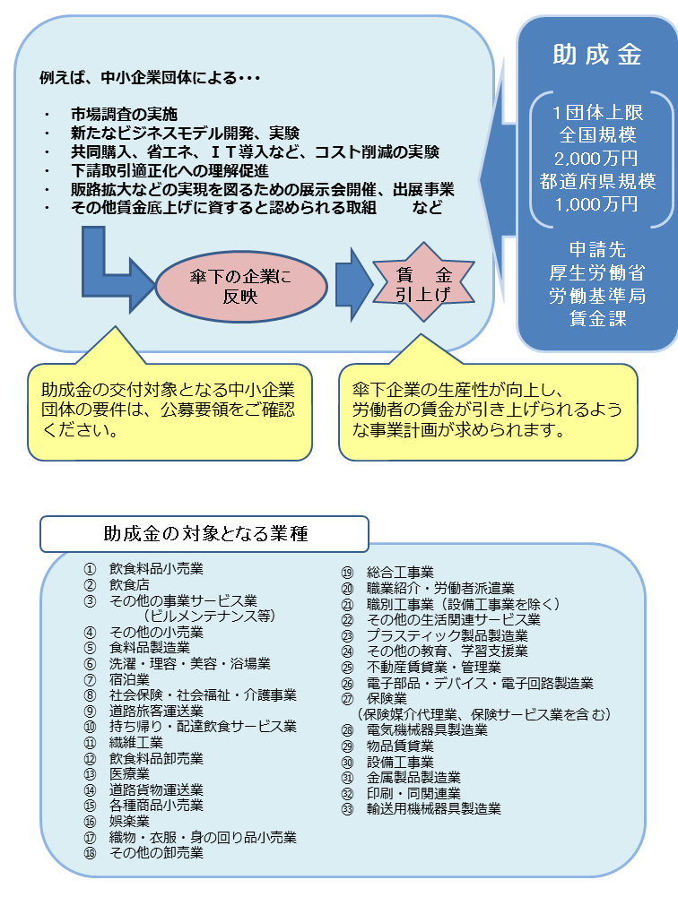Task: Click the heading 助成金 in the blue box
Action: (596, 55)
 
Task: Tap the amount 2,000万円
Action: (596, 158)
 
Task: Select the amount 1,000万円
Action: (596, 203)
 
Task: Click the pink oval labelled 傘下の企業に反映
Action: (240, 285)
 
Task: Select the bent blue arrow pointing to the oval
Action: (112, 269)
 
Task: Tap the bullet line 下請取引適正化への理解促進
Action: (169, 170)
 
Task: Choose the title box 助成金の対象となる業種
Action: (204, 534)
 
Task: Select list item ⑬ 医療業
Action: (129, 773)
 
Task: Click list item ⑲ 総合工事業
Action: (399, 573)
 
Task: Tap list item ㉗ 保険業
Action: (387, 698)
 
